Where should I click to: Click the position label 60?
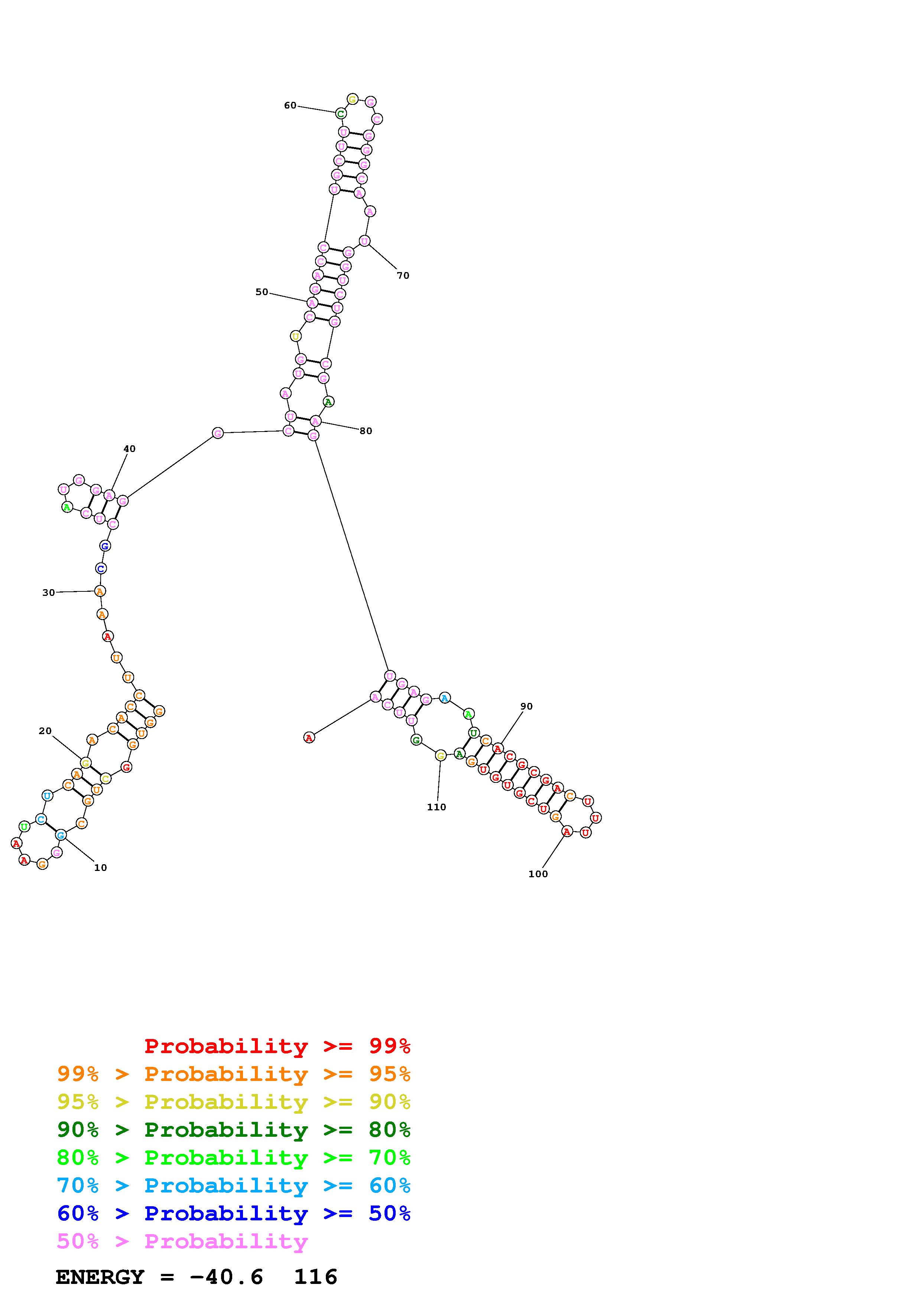pos(290,106)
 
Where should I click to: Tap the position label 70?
pos(403,276)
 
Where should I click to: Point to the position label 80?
pos(366,431)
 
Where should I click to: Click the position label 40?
pos(129,449)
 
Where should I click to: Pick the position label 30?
pos(49,593)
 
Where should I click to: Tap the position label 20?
pos(45,731)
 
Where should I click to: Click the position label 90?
pos(526,707)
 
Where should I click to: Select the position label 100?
pos(538,874)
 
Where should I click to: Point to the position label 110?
pos(437,807)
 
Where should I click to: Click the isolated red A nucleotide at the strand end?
pos(309,738)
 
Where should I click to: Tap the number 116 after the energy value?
pos(315,1277)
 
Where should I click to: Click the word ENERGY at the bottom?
pos(100,1277)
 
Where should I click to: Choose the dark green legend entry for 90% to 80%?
pos(234,1130)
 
